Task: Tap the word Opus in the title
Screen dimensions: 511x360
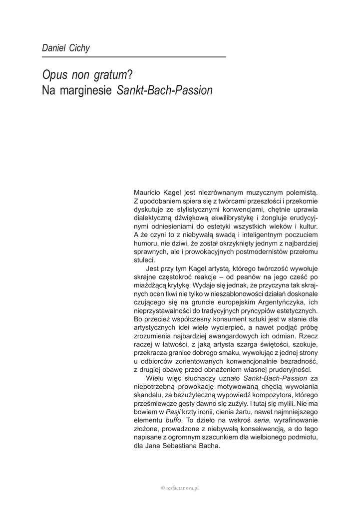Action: click(x=55, y=75)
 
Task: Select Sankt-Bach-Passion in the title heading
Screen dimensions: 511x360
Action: click(x=164, y=91)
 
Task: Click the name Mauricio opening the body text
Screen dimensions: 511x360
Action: click(x=150, y=191)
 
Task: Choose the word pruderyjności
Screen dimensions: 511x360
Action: click(x=285, y=370)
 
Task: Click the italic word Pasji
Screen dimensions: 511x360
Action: click(x=173, y=412)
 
